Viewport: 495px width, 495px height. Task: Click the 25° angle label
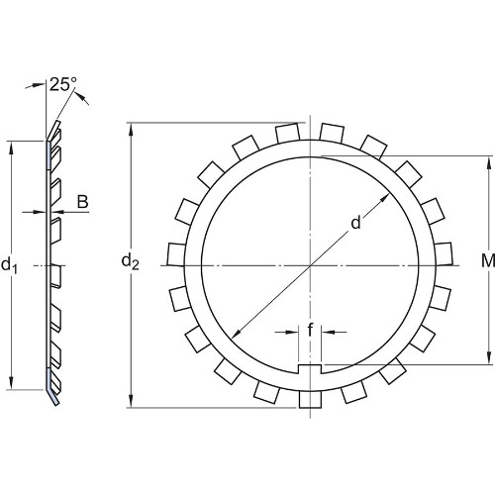click(x=63, y=84)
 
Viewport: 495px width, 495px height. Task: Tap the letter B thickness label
click(x=83, y=201)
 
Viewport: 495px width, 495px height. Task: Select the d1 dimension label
click(x=9, y=264)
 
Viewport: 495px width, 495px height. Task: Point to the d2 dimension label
click(x=130, y=261)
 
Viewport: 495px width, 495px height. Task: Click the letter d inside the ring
click(x=355, y=223)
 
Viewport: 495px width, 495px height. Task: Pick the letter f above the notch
click(x=310, y=330)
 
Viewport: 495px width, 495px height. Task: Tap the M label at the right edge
click(x=488, y=260)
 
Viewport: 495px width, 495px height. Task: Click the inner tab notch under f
click(x=310, y=369)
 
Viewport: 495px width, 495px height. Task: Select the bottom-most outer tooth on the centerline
click(x=310, y=399)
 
